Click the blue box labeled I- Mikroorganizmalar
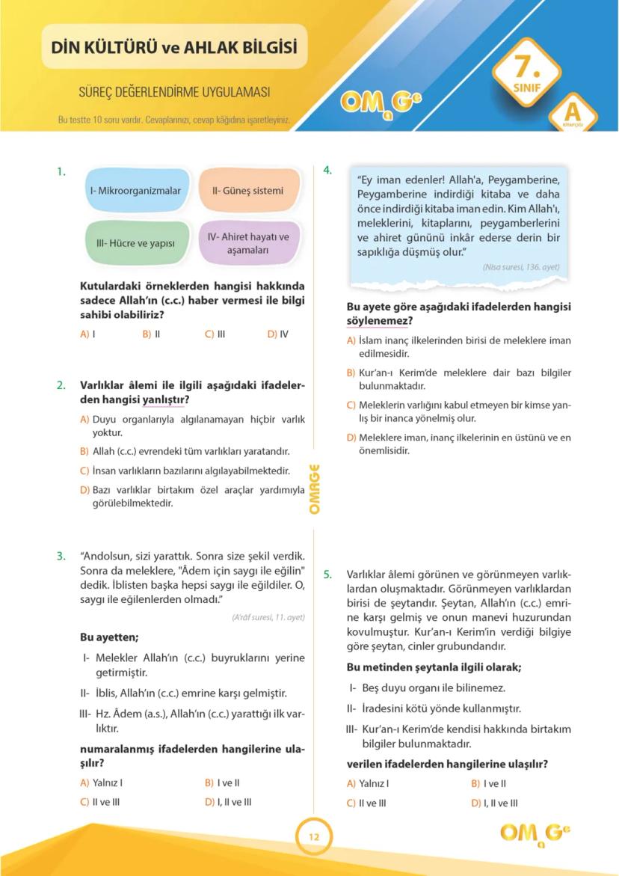point(135,191)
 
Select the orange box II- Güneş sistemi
point(248,191)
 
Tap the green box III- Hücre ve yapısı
point(135,243)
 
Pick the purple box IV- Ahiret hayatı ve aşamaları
point(248,243)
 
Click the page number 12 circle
point(313,837)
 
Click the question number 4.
point(327,170)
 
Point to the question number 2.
point(61,386)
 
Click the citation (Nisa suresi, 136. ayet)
point(520,267)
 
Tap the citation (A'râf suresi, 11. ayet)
point(268,618)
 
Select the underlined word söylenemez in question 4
point(378,321)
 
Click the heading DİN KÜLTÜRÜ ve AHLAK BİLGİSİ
point(174,48)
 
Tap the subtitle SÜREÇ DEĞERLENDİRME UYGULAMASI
point(174,93)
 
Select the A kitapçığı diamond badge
point(572,114)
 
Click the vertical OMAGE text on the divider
point(314,488)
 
